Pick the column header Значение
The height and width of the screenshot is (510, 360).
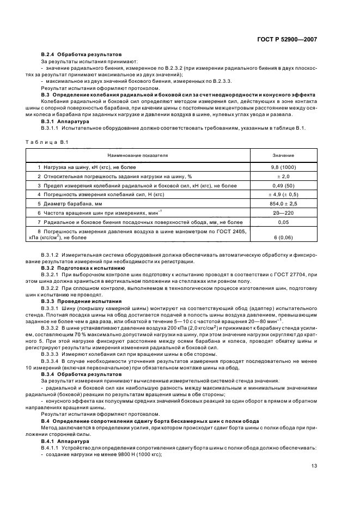(x=284, y=155)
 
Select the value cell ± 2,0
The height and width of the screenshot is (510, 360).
(x=284, y=177)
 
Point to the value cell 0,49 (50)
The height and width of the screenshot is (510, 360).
(x=284, y=186)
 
